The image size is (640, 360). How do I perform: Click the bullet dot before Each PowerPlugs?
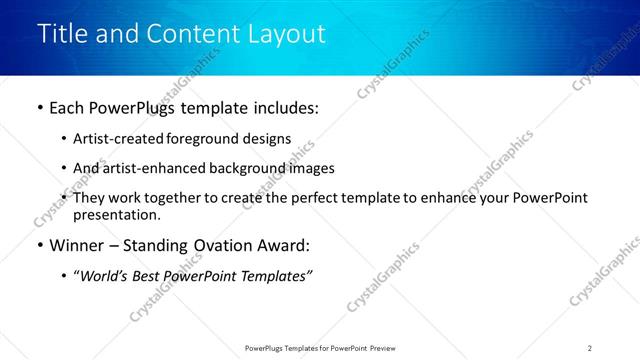[x=39, y=108]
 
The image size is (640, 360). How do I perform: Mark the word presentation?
[x=116, y=214]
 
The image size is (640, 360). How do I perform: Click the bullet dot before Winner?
[x=39, y=245]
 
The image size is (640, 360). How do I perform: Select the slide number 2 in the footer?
[x=590, y=348]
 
